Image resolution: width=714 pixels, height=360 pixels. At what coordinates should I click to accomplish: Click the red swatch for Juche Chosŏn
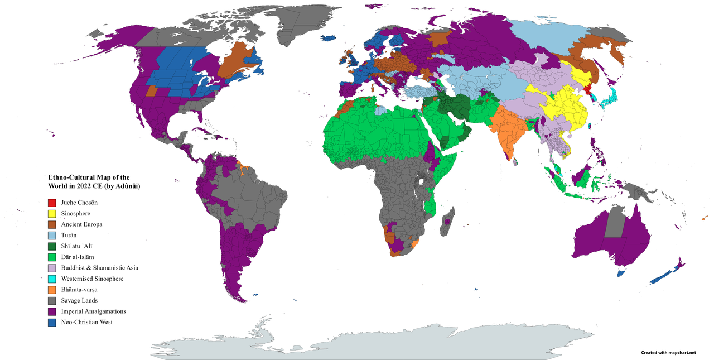(x=52, y=203)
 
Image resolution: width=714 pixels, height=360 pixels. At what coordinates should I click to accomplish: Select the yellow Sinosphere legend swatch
(x=52, y=214)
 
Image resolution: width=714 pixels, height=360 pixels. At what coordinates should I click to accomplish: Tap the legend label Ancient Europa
(x=82, y=224)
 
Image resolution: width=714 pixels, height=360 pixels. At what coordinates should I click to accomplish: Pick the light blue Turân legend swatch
(x=52, y=236)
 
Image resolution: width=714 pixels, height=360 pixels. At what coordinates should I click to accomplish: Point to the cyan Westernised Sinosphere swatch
(x=52, y=279)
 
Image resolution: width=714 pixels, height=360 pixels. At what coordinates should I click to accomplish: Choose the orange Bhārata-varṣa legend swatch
(x=52, y=290)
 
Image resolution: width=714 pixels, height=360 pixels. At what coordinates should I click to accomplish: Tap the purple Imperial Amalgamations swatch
(x=52, y=311)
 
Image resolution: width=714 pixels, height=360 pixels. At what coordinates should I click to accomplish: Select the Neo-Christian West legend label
(x=87, y=322)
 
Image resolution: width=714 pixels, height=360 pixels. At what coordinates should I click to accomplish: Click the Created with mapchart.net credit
(x=668, y=353)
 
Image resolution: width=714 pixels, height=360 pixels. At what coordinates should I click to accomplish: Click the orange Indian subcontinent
(x=505, y=134)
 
